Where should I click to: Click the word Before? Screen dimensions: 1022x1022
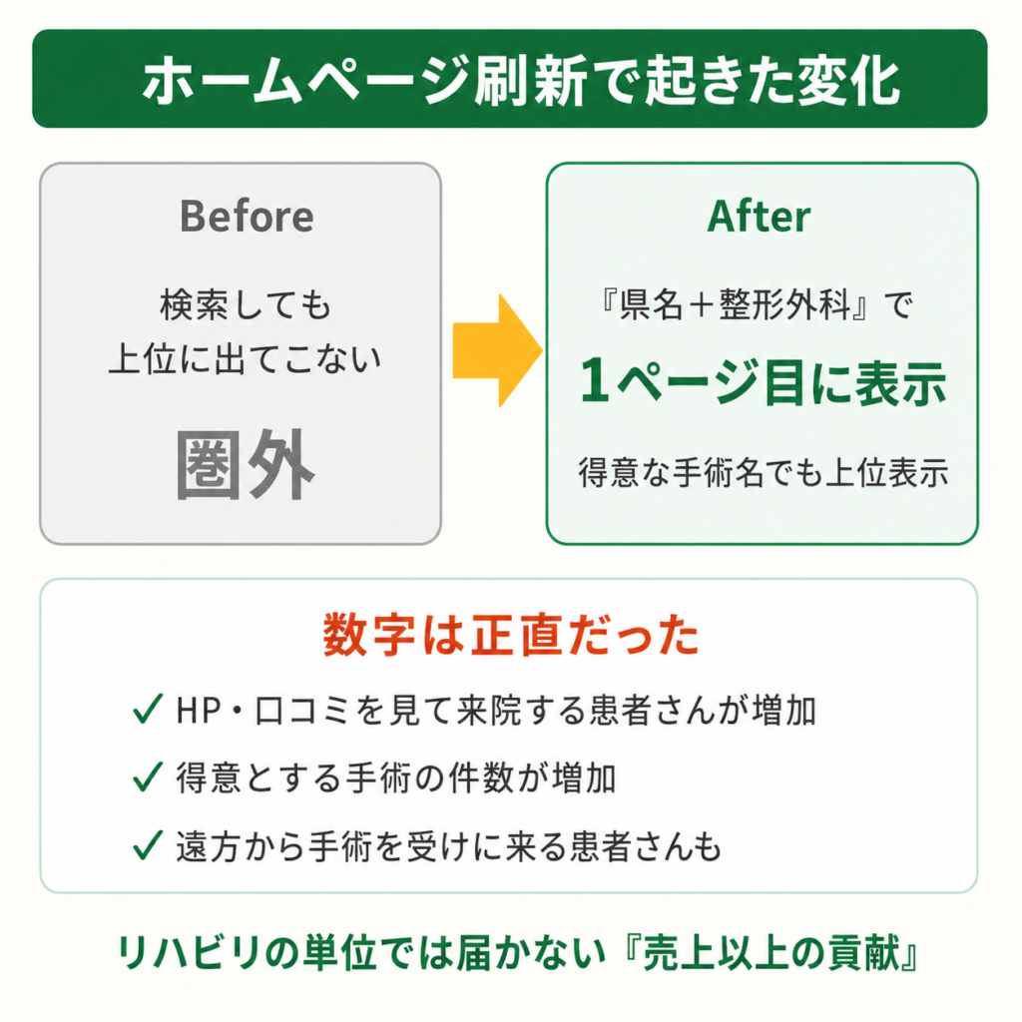pos(247,216)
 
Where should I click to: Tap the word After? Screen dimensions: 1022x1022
pos(759,216)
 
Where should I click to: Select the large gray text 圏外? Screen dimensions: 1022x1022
pos(246,465)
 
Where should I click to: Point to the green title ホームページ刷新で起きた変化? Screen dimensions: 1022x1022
pos(521,81)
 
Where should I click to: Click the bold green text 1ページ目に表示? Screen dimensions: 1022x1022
pos(763,382)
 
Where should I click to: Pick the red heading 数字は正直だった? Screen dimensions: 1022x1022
pos(511,634)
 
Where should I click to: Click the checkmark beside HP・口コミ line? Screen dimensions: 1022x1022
pos(148,710)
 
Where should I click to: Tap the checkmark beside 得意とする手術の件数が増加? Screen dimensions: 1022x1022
pos(148,776)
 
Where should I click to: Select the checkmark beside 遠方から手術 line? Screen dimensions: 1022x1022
pos(148,845)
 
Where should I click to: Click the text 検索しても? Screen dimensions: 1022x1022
pos(246,304)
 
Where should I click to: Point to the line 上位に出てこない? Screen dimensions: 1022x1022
pos(246,358)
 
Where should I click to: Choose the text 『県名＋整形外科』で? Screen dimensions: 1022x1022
pos(757,304)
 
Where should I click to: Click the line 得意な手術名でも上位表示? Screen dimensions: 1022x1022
pos(763,472)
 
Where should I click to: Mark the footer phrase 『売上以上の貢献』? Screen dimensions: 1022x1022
pos(770,953)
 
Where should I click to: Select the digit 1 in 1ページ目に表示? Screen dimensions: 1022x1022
pos(595,382)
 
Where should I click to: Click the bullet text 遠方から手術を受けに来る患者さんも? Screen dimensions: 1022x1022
pos(448,846)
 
